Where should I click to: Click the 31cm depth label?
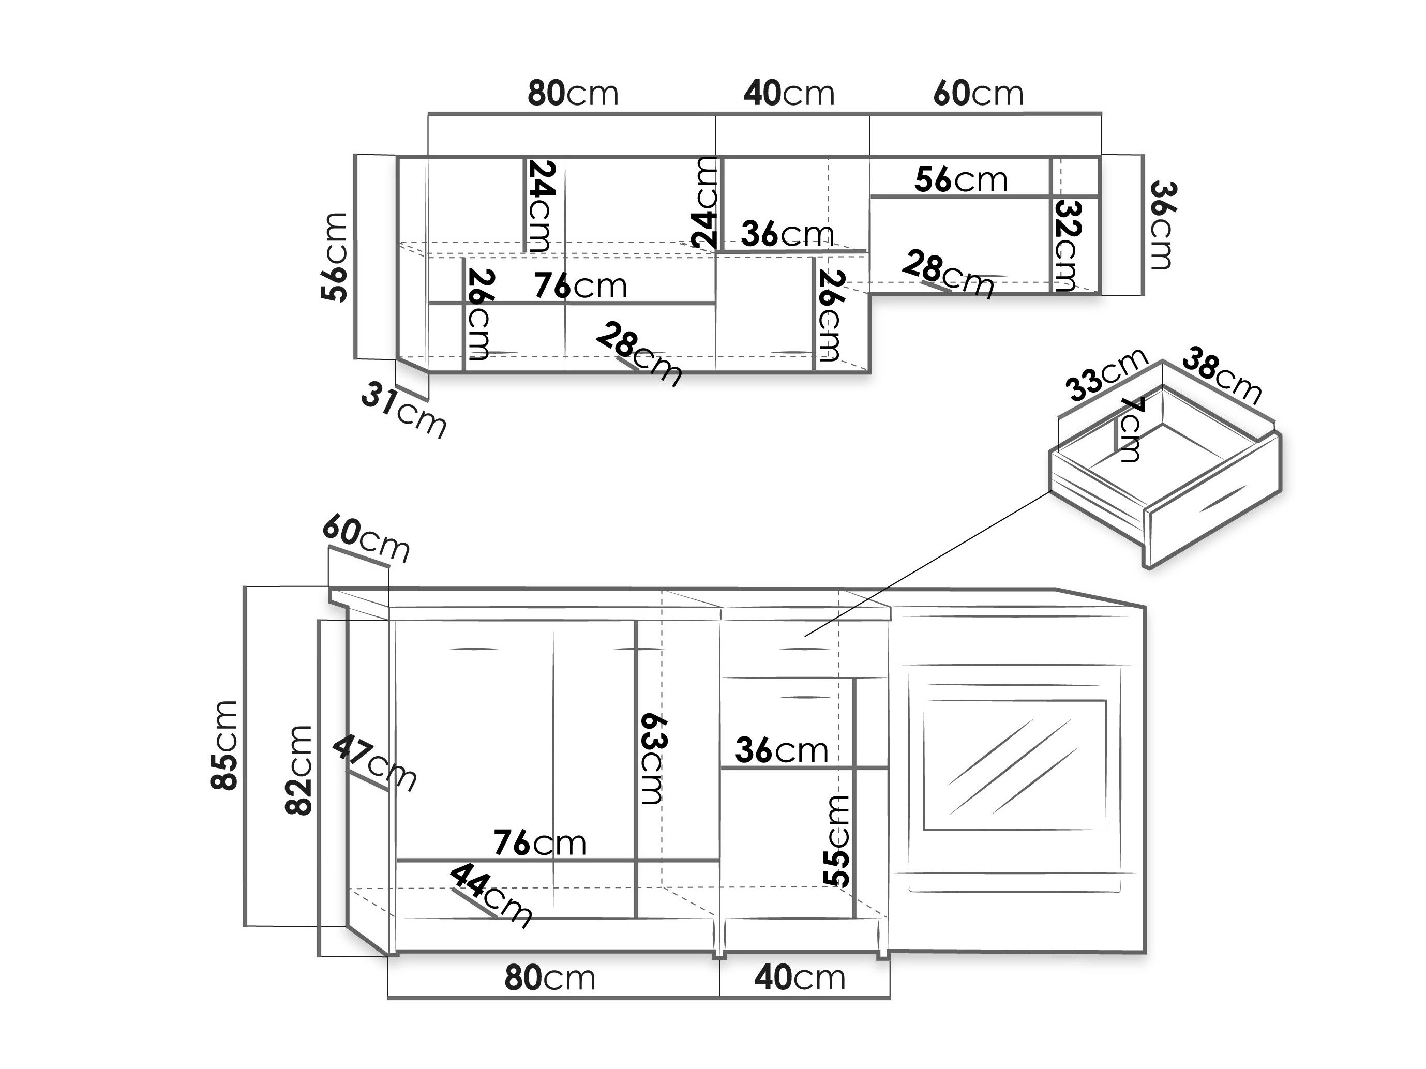(x=403, y=410)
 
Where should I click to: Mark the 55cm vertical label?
(x=836, y=840)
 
